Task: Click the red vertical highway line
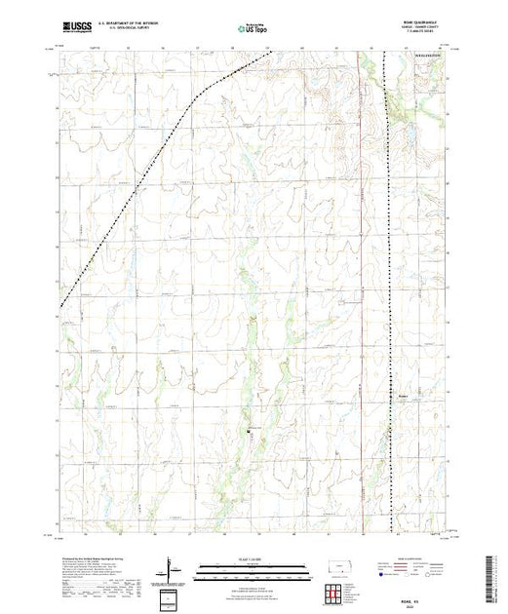coord(362,292)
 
